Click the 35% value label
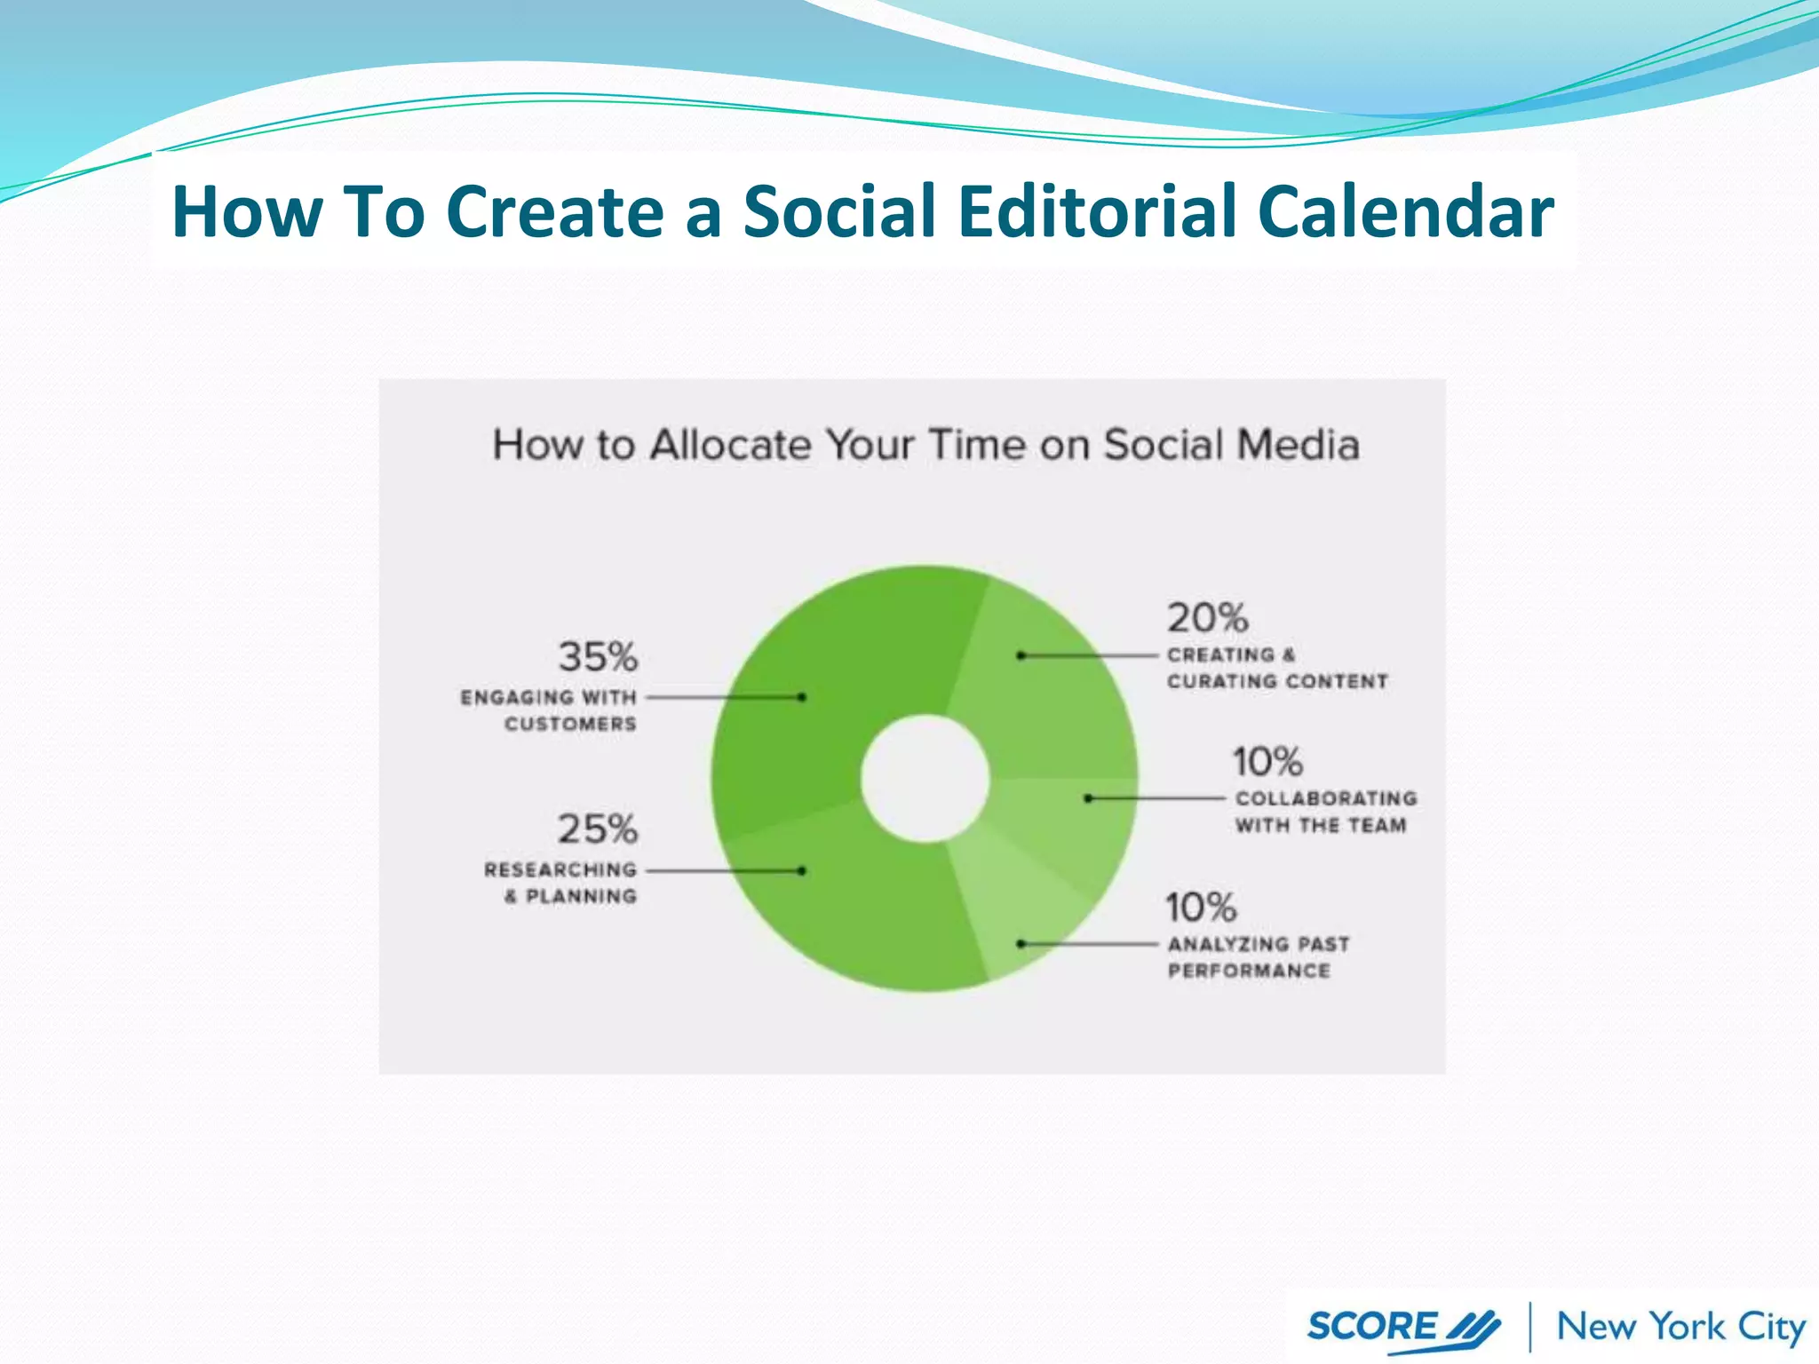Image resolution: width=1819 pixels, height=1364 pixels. pos(598,657)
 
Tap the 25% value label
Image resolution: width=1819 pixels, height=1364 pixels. pos(598,829)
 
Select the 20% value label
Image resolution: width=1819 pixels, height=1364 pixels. pos(1207,618)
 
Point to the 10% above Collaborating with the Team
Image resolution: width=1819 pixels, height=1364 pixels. pos(1267,762)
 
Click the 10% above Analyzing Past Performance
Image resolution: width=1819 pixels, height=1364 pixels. pos(1201,908)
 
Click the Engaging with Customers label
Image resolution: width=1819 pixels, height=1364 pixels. pos(549,710)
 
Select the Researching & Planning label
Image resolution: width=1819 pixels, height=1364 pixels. pos(561,883)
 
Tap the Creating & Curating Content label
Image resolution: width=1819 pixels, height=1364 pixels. pos(1276,668)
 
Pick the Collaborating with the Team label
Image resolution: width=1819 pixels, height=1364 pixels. pos(1325,812)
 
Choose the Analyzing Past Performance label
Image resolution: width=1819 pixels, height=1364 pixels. pos(1258,957)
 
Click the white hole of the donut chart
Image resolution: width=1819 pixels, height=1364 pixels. pos(925,779)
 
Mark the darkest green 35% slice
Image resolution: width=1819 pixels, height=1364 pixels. pos(826,675)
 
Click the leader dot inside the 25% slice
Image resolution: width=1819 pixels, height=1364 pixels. pos(802,871)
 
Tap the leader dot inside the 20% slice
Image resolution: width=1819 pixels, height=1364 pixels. pos(1021,655)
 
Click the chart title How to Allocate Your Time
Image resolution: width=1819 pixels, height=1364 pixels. pos(925,445)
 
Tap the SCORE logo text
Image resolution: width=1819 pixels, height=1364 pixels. pos(1372,1327)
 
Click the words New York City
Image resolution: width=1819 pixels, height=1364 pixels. pos(1680,1327)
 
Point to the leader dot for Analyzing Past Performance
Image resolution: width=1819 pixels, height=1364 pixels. pos(1021,943)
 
